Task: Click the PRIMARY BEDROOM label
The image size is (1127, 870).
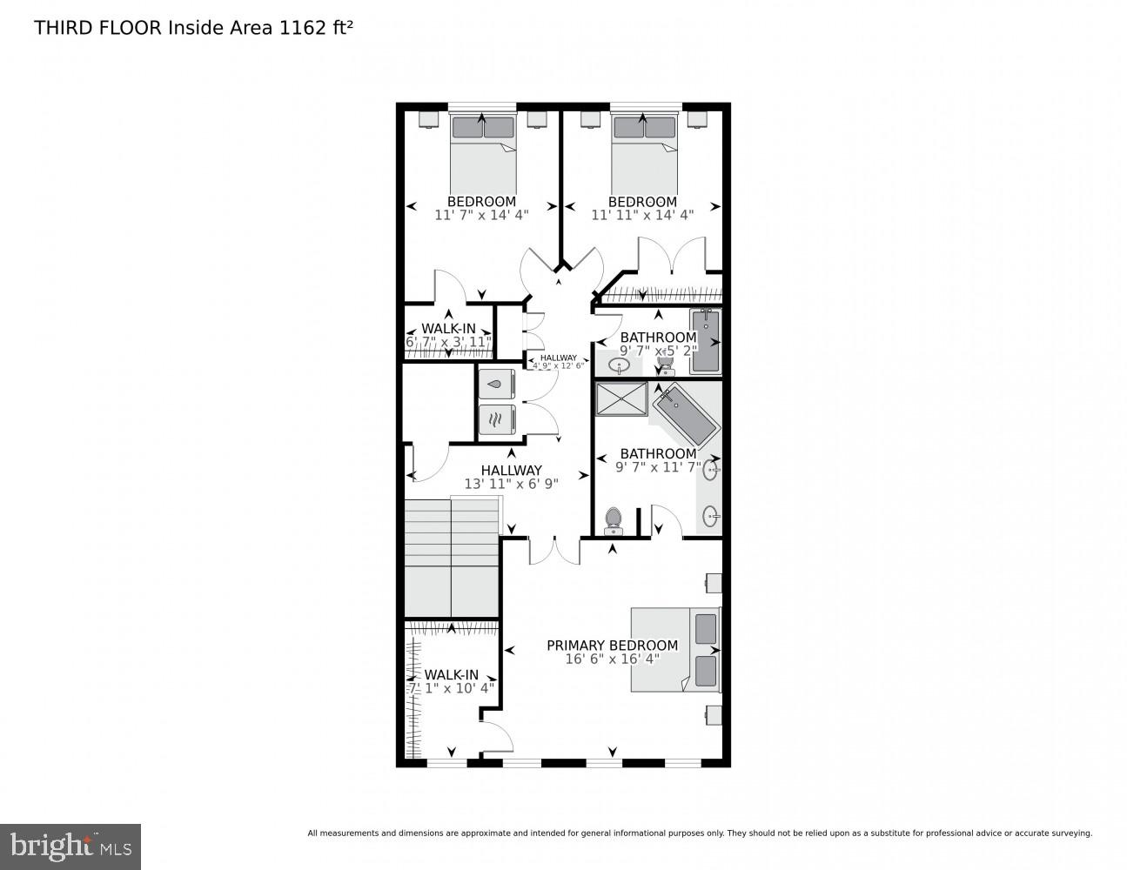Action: pos(612,645)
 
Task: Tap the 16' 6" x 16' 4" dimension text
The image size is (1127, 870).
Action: pos(612,659)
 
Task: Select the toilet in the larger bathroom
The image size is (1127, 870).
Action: pos(614,519)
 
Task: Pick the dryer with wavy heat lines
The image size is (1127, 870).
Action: pos(497,420)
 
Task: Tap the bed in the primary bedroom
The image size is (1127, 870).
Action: pos(675,649)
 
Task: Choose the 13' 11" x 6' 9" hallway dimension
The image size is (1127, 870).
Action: pos(511,484)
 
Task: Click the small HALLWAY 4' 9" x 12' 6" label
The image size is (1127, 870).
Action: pos(558,361)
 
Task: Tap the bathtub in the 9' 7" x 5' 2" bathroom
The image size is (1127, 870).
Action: pos(706,341)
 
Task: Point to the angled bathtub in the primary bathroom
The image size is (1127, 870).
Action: pos(687,417)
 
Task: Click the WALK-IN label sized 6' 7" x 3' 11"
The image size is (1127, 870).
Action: pos(448,329)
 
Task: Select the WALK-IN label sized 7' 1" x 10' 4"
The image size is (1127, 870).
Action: pos(451,675)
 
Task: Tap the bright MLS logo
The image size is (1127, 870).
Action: pos(70,845)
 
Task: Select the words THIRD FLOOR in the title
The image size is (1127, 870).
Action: pos(97,28)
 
